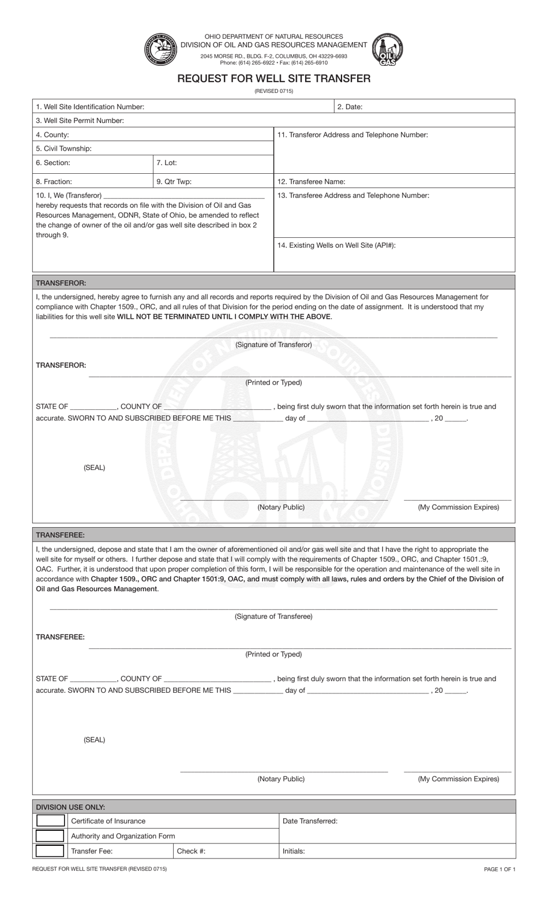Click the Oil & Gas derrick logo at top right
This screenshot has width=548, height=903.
(x=387, y=49)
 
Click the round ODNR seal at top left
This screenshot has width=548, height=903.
(x=159, y=50)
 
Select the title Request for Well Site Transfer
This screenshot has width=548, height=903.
(x=273, y=79)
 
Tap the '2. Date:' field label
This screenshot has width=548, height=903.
(x=350, y=107)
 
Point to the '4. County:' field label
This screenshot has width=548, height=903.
(x=52, y=135)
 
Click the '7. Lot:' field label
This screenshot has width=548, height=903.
(x=166, y=163)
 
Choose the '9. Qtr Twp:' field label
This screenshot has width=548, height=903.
(x=174, y=181)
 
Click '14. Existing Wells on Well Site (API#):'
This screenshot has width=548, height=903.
(x=336, y=245)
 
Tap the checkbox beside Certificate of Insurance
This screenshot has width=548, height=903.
(x=50, y=820)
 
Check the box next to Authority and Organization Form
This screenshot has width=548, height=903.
(x=50, y=835)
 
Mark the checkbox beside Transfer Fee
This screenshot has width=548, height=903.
(x=50, y=850)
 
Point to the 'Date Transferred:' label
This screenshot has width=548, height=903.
(x=310, y=821)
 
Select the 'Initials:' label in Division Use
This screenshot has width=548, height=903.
(x=294, y=851)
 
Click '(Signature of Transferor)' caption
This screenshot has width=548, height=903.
(x=273, y=345)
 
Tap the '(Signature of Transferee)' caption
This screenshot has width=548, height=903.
(x=273, y=617)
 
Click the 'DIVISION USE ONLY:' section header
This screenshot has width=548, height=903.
(x=70, y=807)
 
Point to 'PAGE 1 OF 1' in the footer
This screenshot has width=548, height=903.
(x=500, y=869)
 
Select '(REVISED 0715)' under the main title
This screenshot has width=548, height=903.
(x=273, y=91)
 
